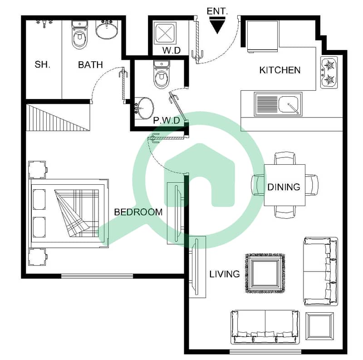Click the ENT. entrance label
click(217, 11)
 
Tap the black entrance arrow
click(217, 26)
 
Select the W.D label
click(172, 50)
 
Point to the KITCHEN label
click(280, 70)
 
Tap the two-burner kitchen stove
click(329, 72)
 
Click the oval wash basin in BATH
click(107, 30)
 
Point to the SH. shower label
click(42, 64)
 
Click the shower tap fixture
click(44, 24)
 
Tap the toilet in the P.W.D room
click(162, 74)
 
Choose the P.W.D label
click(167, 120)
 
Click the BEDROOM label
click(138, 212)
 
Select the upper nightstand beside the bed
click(38, 170)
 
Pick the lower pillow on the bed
click(39, 227)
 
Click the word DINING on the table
click(284, 187)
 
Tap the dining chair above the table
click(285, 158)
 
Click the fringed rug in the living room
click(265, 273)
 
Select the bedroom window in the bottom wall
click(97, 276)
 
